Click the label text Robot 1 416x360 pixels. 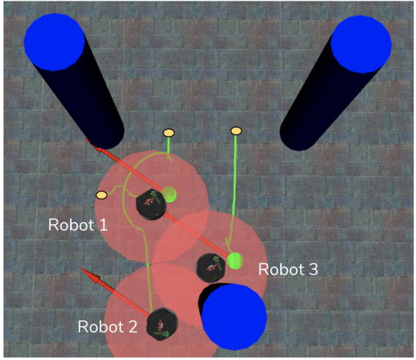(x=78, y=225)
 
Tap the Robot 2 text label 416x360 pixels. (x=108, y=326)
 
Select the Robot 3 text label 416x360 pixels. (x=288, y=269)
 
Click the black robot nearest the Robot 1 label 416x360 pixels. (x=151, y=204)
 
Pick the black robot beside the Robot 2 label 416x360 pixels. (x=162, y=324)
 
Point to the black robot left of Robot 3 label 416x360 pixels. (x=211, y=268)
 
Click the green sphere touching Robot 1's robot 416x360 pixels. (x=169, y=194)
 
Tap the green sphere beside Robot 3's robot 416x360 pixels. (x=235, y=261)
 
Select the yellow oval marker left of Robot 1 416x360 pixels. (x=101, y=195)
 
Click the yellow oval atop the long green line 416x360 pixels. (x=236, y=131)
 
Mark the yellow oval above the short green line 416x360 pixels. (x=169, y=133)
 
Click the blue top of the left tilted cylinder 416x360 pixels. (x=55, y=42)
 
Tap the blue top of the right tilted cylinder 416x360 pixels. (x=361, y=44)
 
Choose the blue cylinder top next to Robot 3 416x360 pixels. (x=234, y=317)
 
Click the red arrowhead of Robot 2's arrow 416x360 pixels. (x=90, y=275)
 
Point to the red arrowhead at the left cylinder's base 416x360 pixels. (x=93, y=145)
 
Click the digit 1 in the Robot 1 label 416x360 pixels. (x=104, y=225)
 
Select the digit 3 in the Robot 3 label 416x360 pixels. (x=314, y=269)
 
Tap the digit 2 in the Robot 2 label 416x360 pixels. (x=133, y=326)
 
